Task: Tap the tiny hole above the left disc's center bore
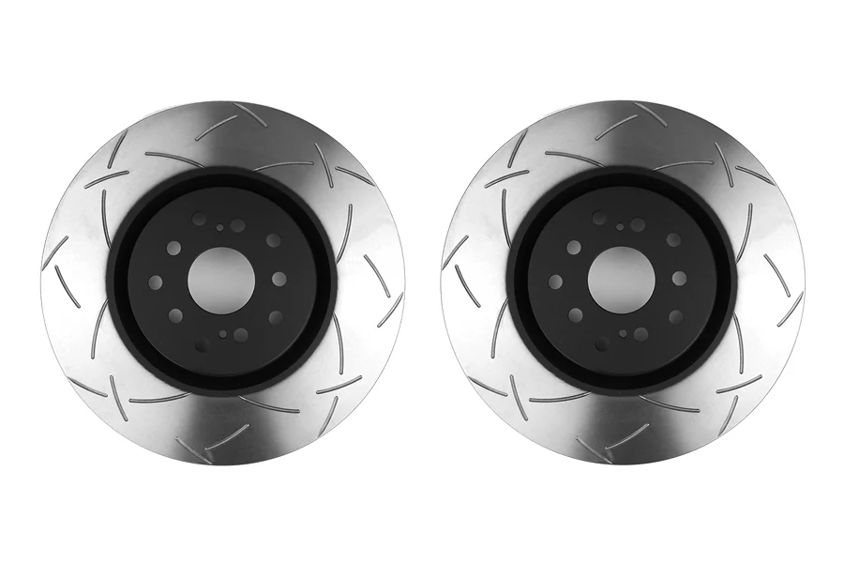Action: point(220,227)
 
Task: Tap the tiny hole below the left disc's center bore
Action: point(223,333)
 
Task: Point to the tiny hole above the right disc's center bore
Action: point(620,226)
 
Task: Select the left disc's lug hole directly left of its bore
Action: point(156,281)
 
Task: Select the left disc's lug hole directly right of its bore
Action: point(279,279)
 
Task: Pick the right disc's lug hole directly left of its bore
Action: point(555,281)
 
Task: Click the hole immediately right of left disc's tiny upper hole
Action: point(238,225)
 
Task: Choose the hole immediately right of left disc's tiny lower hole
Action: point(241,335)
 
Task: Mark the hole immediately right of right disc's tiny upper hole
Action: point(638,225)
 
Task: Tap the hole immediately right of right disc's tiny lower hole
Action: point(641,334)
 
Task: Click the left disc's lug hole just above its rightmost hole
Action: point(273,240)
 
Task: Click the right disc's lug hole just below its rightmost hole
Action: point(673,317)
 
